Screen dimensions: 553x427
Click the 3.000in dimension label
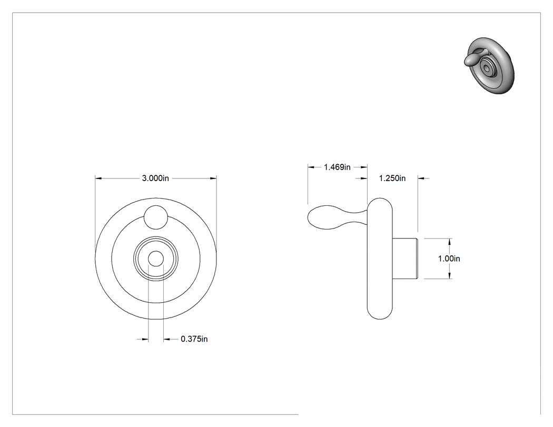pyautogui.click(x=155, y=178)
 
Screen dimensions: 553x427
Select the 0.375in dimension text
pyautogui.click(x=194, y=339)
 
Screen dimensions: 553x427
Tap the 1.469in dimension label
pyautogui.click(x=337, y=167)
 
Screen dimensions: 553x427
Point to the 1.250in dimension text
pyautogui.click(x=392, y=178)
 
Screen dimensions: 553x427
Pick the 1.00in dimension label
pyautogui.click(x=449, y=259)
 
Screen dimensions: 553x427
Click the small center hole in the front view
pyautogui.click(x=155, y=259)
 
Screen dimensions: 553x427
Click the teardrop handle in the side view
pyautogui.click(x=338, y=217)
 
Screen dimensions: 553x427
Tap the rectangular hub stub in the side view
pyautogui.click(x=405, y=259)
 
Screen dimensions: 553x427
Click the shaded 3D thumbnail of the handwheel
pyautogui.click(x=489, y=66)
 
